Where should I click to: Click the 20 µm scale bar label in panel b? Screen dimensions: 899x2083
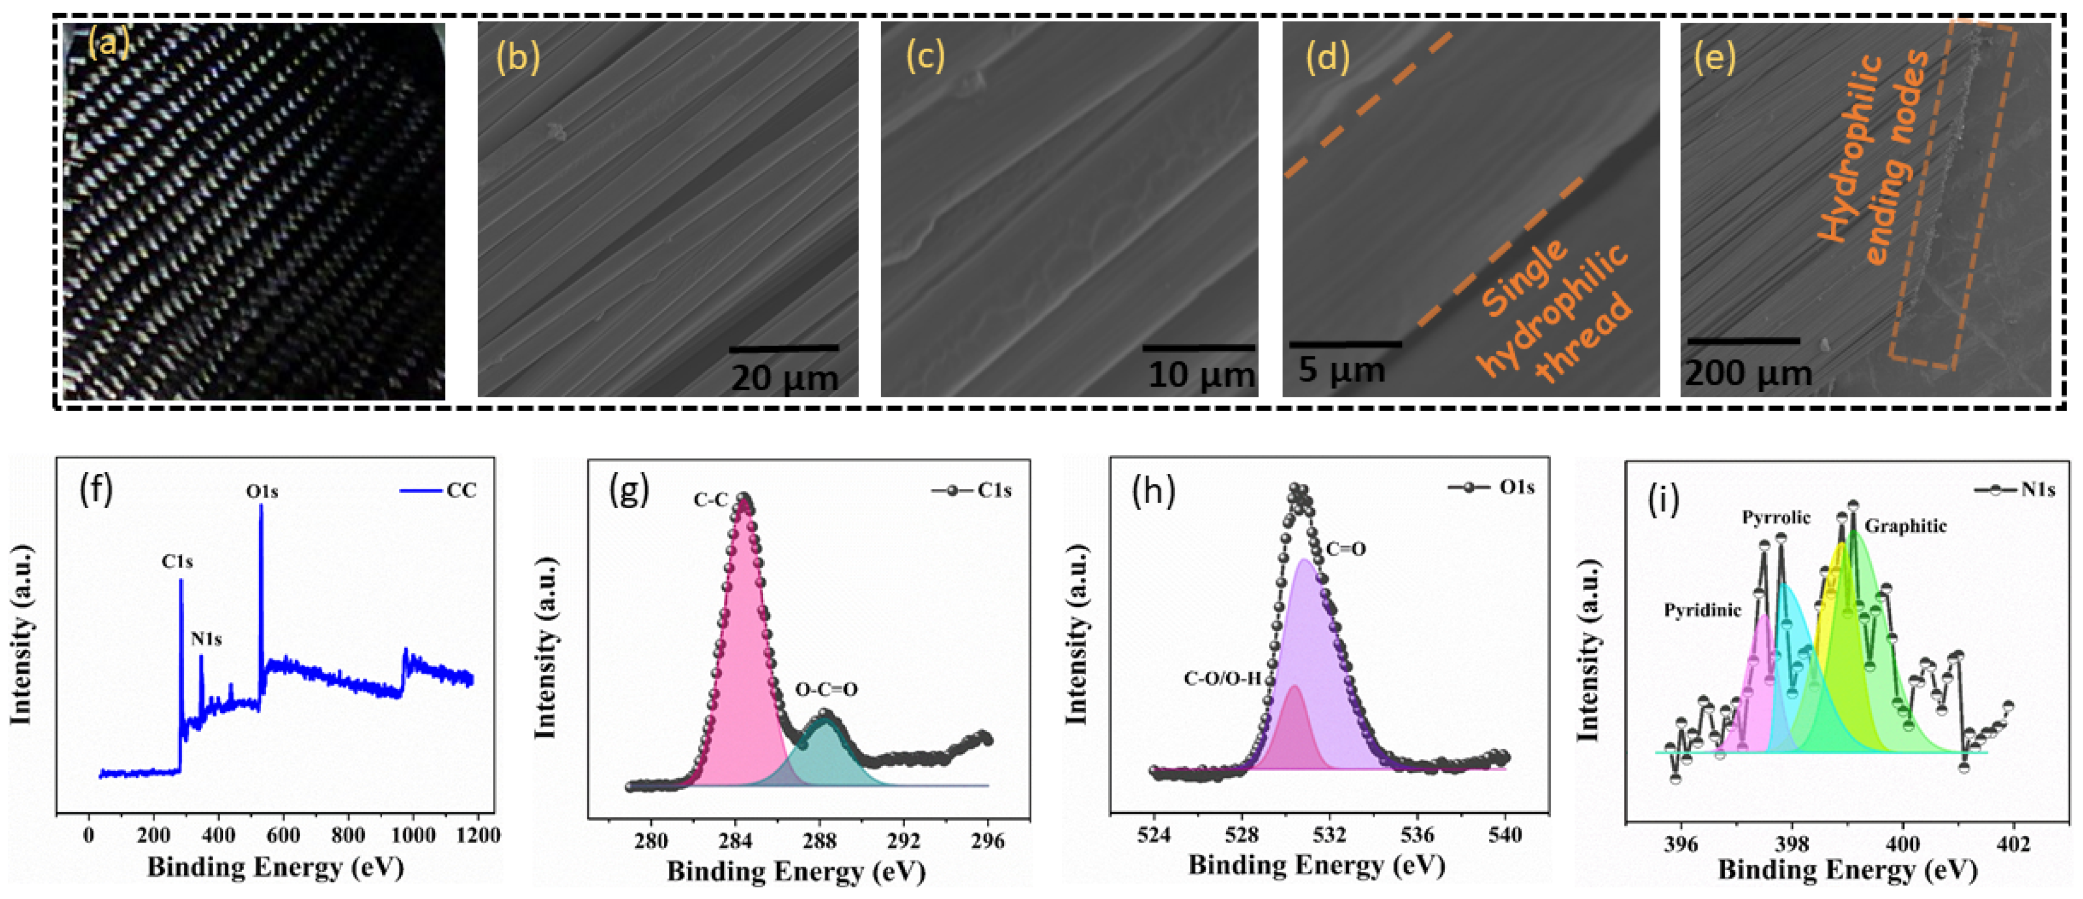coord(784,377)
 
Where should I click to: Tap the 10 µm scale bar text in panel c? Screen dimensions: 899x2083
coord(1201,374)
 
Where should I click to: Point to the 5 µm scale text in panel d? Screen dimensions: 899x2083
coord(1341,369)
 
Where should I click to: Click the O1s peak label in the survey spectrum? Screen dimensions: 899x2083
coord(262,490)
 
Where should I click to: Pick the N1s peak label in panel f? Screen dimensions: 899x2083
coord(206,639)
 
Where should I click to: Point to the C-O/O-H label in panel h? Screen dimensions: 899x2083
coord(1222,678)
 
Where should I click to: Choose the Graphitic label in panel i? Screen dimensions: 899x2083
coord(1906,526)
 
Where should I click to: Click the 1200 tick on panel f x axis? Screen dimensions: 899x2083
coord(478,835)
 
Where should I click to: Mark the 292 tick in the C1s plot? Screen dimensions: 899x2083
coord(903,841)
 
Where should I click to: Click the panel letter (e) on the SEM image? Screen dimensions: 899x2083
coord(1714,58)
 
